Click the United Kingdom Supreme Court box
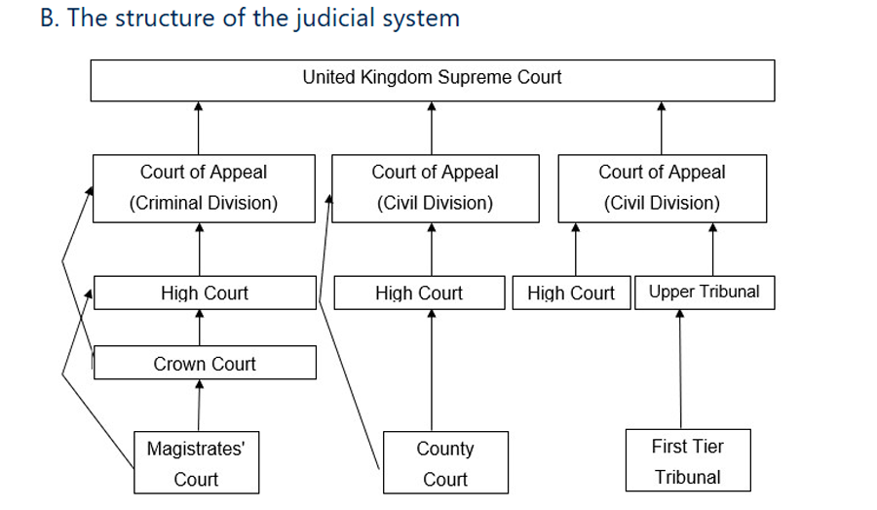coord(433,81)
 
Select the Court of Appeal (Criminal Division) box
coord(205,188)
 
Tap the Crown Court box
coord(205,363)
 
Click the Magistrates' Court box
coord(196,462)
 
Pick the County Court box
coord(445,462)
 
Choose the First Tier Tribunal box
coord(688,460)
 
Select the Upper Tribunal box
coord(705,293)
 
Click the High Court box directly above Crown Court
coord(205,293)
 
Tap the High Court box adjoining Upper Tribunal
coord(572,293)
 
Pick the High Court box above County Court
coord(419,293)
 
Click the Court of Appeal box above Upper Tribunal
coord(663,188)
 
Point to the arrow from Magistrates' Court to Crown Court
coord(199,406)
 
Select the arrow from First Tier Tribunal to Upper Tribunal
coord(680,370)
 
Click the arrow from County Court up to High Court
coord(432,371)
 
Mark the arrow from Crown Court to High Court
coord(200,328)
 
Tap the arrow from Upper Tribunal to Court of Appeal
coord(712,249)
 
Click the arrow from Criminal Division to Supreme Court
coord(198,128)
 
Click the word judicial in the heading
coord(335,19)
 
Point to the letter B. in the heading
coord(50,18)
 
